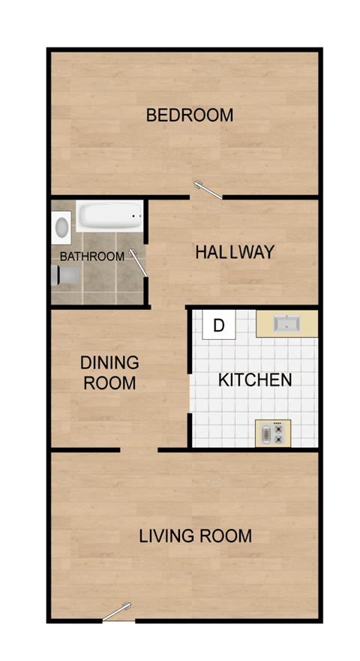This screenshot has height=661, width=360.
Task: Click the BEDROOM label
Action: coord(189,116)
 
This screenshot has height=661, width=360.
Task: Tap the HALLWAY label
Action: coord(234,252)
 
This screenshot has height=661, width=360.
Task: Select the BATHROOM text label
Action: coord(91,257)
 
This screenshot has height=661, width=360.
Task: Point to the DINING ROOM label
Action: coord(109,373)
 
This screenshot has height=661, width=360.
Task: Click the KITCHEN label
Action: coord(254,380)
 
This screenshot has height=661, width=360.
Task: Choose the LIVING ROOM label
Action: coord(195,536)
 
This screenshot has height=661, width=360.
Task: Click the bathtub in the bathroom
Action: coord(109,216)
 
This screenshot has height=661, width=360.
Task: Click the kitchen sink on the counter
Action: coord(286,324)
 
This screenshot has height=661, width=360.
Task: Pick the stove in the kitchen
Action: coord(271,434)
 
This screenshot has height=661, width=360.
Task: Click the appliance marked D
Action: coord(219,326)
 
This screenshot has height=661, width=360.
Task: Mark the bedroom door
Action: coord(208,192)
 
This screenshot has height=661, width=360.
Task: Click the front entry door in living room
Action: coord(117,612)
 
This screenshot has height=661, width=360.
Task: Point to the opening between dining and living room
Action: coord(139,450)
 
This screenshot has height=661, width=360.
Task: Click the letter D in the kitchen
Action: coord(219,326)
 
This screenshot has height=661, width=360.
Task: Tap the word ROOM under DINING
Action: coord(109,383)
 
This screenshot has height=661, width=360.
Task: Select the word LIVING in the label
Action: coord(164,536)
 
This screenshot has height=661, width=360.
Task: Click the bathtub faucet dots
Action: coord(136,215)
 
